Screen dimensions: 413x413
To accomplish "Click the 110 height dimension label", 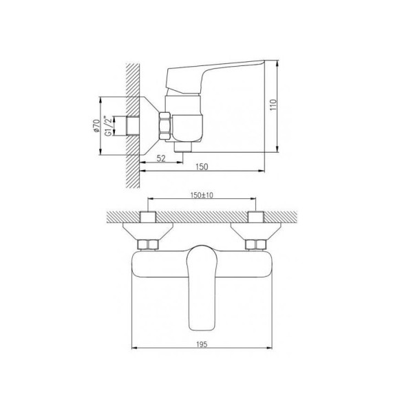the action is coord(274,105).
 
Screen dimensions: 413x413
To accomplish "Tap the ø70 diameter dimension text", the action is coord(96,126).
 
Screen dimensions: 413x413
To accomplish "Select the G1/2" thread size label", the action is coord(107,126).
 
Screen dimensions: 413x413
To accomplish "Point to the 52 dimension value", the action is coord(160,158).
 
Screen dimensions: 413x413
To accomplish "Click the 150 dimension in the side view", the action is coord(202,167).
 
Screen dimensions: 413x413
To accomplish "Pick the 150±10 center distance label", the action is coord(202,195).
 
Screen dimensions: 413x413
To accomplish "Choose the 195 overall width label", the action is coord(202,344).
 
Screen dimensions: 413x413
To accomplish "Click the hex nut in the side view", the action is coord(165,126).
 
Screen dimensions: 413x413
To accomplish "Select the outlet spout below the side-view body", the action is coord(183,147).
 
